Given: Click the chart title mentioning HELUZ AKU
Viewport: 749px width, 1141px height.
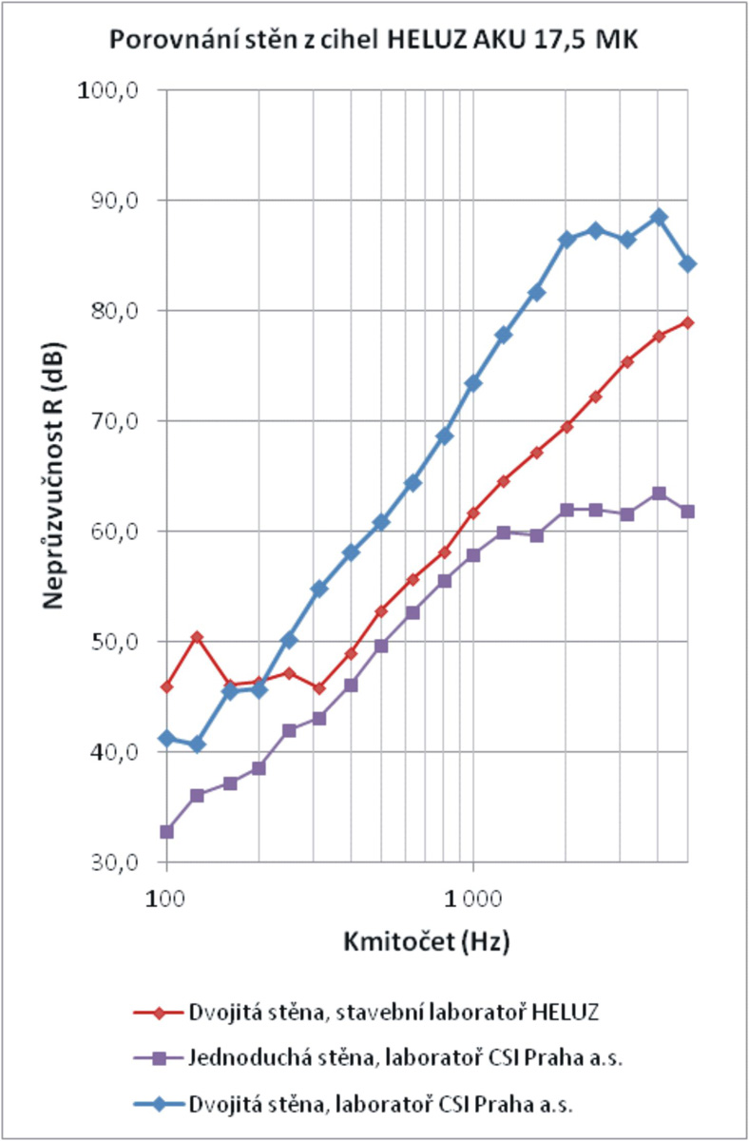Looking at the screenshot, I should click(374, 41).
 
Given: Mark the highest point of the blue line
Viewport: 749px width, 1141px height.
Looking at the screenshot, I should click(658, 217).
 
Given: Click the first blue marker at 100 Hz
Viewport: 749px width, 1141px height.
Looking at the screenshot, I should click(166, 738).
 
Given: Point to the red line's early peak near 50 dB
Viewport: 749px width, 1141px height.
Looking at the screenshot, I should click(197, 637).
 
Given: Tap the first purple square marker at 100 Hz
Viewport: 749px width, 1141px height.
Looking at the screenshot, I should click(166, 831).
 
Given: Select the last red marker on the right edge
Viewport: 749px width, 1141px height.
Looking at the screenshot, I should click(688, 322).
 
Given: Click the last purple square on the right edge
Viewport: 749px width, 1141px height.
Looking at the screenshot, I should click(688, 511).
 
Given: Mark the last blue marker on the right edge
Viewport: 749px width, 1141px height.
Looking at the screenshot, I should click(688, 263).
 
